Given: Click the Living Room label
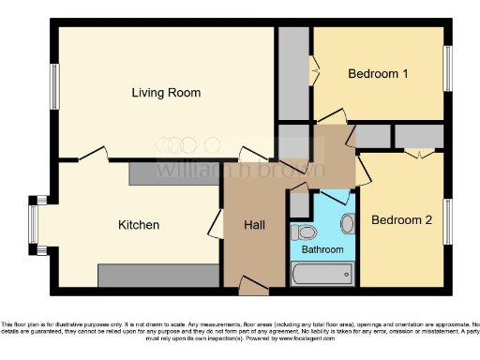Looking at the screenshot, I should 166,93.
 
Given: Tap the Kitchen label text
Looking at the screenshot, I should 138,225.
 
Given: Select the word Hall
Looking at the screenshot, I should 255,225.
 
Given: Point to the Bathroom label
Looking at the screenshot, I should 322,250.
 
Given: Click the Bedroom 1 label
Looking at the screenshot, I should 377,74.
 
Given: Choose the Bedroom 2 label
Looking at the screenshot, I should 401,221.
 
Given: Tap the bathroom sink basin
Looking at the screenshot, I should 348,223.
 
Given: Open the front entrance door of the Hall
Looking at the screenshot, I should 252,286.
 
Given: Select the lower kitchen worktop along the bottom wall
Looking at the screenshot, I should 158,275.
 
